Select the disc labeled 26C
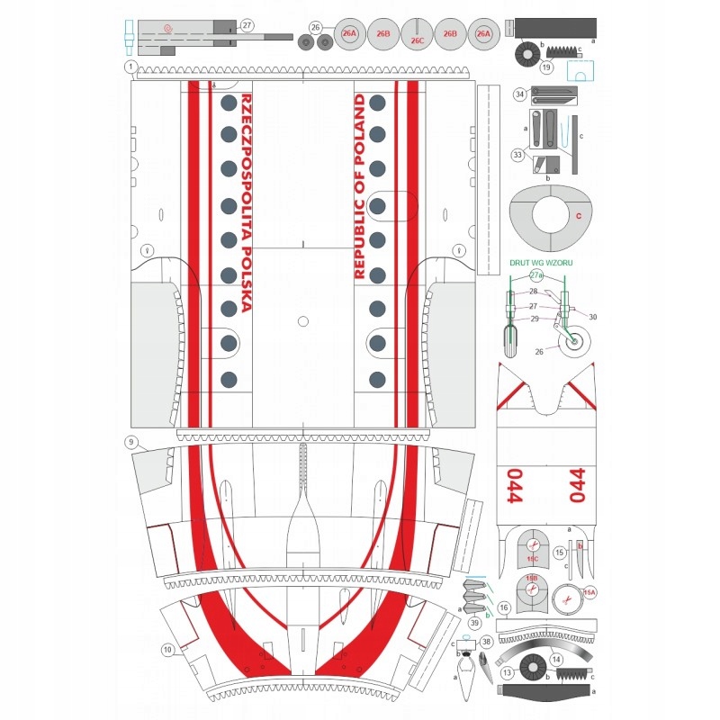(417, 36)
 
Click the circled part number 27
(247, 27)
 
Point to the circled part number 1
(130, 67)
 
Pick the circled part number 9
(131, 442)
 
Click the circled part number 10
(167, 649)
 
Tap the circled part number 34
(519, 94)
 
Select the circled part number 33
(517, 155)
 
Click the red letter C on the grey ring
(579, 216)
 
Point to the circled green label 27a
(536, 274)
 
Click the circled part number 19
(546, 66)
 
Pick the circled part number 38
(486, 643)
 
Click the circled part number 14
(556, 660)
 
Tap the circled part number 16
(504, 608)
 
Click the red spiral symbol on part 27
(167, 28)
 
